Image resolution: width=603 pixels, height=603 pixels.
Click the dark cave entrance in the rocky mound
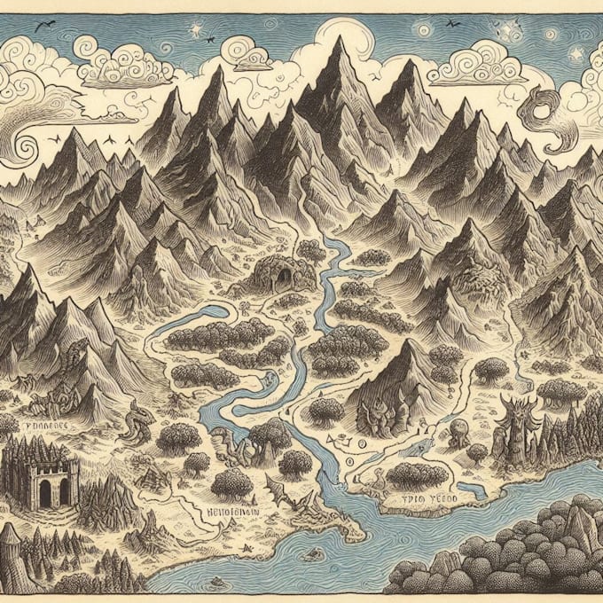pos(284,280)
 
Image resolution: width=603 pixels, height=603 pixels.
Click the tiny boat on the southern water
pos(311,555)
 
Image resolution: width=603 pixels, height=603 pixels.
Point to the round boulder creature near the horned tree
pos(459,435)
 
